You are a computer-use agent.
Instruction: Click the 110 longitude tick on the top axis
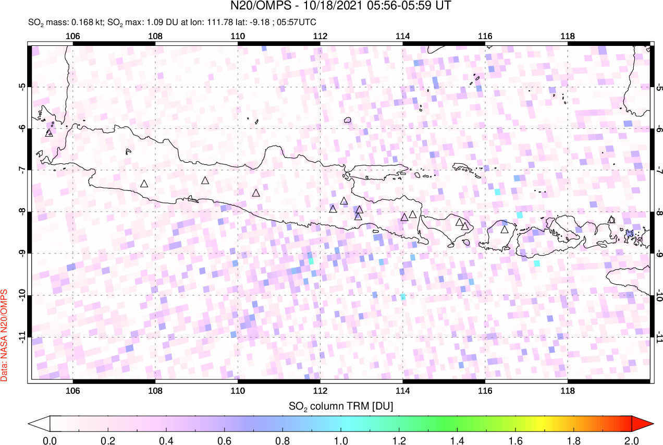click(238, 36)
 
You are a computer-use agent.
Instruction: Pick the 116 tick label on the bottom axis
click(485, 391)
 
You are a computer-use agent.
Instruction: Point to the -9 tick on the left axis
click(22, 254)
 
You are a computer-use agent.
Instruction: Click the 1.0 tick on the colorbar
click(341, 440)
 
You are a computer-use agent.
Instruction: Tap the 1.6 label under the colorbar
click(515, 440)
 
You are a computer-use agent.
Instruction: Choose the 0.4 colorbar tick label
click(166, 440)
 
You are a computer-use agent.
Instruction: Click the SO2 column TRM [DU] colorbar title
click(340, 405)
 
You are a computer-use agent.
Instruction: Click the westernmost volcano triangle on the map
click(49, 133)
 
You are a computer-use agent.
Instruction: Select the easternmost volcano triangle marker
click(611, 220)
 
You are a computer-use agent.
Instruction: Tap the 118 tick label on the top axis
click(567, 36)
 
